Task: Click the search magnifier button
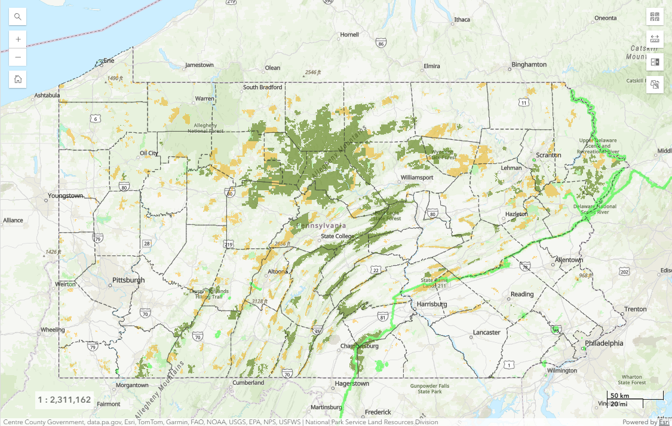(x=18, y=17)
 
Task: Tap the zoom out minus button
(x=18, y=57)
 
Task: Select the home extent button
(x=18, y=79)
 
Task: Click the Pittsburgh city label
(x=128, y=280)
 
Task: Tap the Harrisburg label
(x=432, y=305)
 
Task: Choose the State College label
(x=337, y=236)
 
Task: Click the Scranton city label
(x=548, y=155)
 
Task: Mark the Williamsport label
(x=417, y=178)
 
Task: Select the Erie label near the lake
(x=109, y=60)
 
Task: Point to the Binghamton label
(x=529, y=65)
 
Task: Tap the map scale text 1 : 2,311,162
(x=64, y=400)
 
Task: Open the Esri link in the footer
(x=664, y=422)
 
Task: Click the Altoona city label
(x=277, y=271)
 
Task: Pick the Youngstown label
(x=66, y=196)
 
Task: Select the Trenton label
(x=635, y=309)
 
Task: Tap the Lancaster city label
(x=486, y=332)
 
